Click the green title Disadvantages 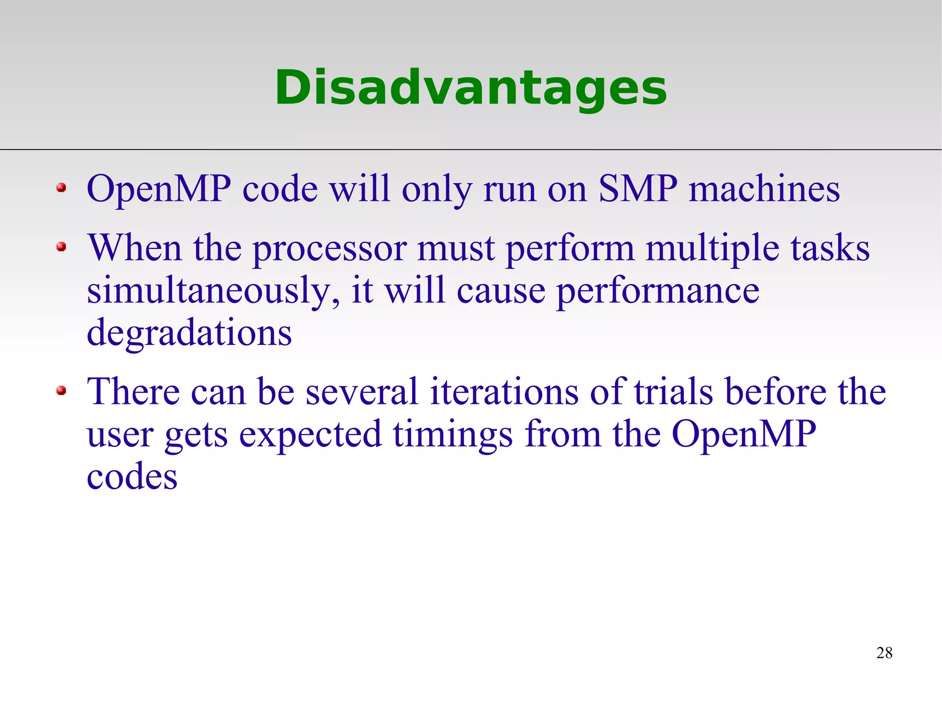point(471,87)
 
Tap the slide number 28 point(884,653)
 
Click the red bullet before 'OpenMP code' point(61,188)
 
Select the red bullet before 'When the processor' point(61,247)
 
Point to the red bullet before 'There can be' point(61,391)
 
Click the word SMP point(638,189)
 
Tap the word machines point(764,189)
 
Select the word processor point(329,249)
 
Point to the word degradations point(189,333)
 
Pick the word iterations point(504,391)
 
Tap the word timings point(453,435)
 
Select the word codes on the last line point(132,476)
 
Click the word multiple point(712,249)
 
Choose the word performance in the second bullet point(658,292)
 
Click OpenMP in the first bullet point(159,189)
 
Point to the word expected point(310,435)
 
